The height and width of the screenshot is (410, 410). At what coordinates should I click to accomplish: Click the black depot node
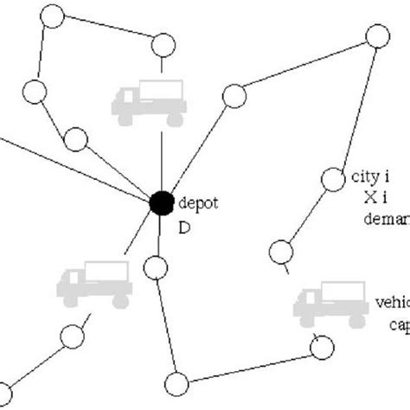point(160,203)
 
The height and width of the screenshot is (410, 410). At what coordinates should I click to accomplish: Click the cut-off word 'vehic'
point(391,304)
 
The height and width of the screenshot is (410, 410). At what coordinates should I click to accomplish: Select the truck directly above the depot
point(147,99)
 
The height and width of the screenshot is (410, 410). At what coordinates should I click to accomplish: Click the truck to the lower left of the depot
point(93,282)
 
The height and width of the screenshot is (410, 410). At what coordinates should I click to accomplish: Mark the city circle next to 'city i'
point(333,179)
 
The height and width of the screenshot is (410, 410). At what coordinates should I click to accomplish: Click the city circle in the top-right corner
point(376,37)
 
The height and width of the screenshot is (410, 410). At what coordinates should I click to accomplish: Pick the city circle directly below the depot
point(154,267)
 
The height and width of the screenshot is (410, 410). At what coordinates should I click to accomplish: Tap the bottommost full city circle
point(176,383)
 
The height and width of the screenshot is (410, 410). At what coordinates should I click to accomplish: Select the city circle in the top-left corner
point(53,15)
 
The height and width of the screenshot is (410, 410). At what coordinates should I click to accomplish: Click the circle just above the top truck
point(162,46)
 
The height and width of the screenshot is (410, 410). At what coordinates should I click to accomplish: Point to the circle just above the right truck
point(281,253)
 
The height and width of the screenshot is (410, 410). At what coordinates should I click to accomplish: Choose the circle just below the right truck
point(321,348)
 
